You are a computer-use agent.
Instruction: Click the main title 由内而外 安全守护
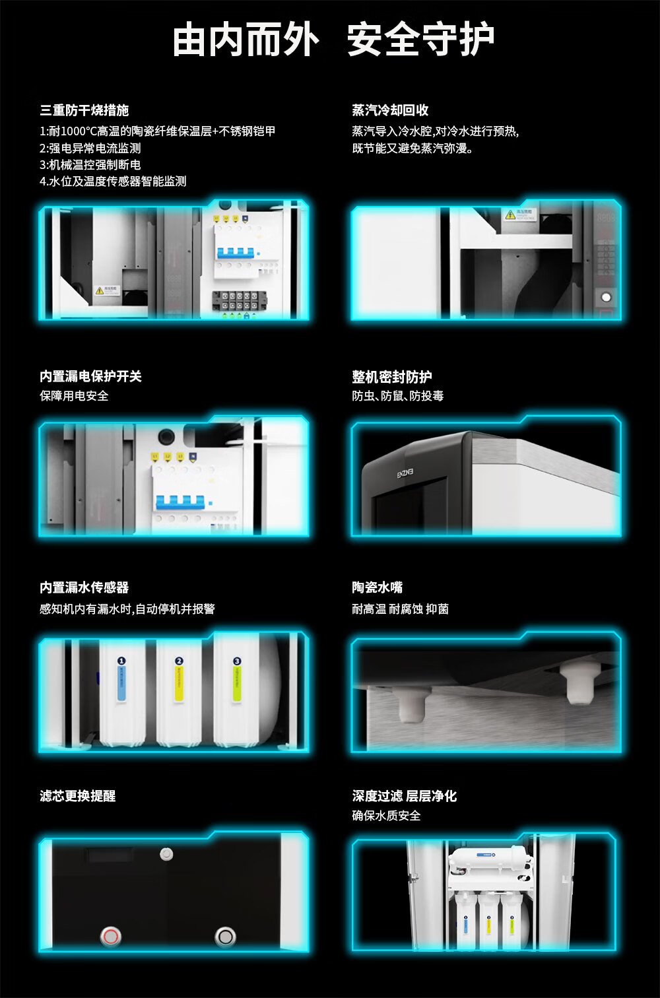point(333,40)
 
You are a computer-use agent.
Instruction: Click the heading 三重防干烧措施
point(84,110)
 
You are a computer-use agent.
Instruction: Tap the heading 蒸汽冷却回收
point(390,110)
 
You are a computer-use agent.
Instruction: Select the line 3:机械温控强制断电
point(90,165)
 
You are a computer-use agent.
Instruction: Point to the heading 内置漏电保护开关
point(90,376)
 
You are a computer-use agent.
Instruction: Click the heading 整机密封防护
point(392,377)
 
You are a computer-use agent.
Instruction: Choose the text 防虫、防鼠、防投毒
point(397,396)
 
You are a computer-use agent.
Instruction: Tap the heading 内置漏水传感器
point(84,587)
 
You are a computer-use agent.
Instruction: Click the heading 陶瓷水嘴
point(377,587)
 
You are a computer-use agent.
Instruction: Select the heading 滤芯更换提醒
point(77,796)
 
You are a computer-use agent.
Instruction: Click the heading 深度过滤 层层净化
point(404,796)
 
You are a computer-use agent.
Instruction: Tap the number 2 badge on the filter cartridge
point(179,661)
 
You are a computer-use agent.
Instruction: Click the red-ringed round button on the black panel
point(110,936)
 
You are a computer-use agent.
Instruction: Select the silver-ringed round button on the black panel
point(226,936)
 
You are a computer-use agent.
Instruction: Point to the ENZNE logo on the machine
point(405,473)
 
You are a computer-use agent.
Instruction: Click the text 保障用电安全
point(74,396)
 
